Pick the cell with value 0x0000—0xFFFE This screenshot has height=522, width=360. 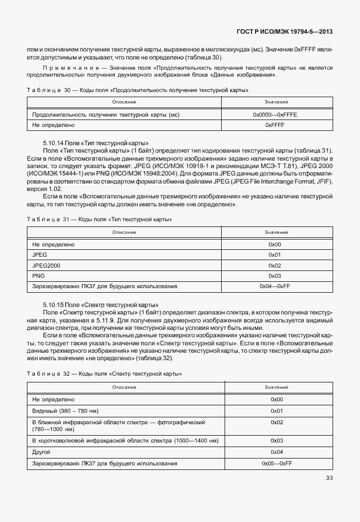coord(275,114)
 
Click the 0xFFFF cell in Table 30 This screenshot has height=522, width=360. coord(275,125)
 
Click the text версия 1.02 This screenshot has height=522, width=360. coord(45,188)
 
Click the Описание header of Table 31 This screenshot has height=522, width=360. coord(124,232)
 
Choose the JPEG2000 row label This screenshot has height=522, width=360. coord(46,265)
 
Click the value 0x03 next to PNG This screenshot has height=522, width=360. coord(275,276)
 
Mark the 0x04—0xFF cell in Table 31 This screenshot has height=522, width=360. coord(275,286)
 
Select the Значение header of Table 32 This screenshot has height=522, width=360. coord(276,387)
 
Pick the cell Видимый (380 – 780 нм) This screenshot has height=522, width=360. coord(66,411)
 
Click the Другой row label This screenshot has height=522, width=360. coord(42,452)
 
